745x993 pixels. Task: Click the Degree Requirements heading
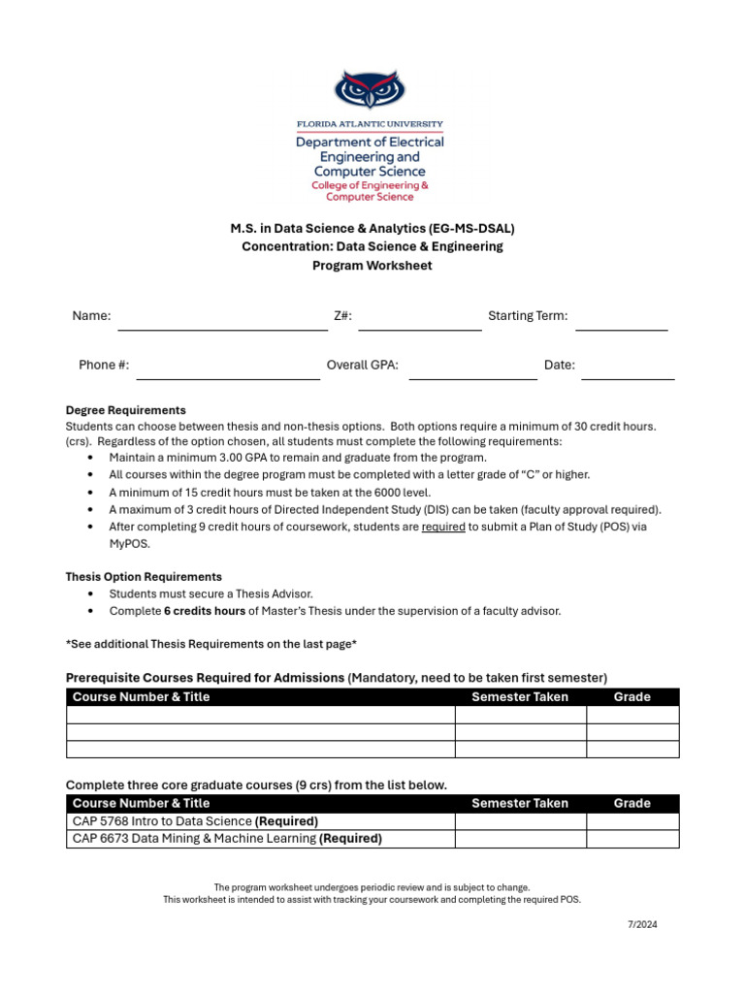[x=125, y=410]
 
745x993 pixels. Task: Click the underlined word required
[x=443, y=527]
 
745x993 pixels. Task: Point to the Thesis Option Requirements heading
[x=144, y=577]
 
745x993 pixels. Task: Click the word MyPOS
[x=129, y=544]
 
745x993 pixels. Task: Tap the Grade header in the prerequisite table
[x=632, y=697]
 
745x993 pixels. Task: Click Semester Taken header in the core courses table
[x=520, y=803]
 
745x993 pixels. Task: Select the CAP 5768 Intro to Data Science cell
[x=260, y=821]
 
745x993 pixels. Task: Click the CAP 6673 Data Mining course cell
[x=260, y=839]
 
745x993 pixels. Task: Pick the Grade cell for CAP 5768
[x=632, y=821]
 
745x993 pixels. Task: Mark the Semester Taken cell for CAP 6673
[x=520, y=839]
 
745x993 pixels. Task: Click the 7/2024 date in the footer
[x=641, y=924]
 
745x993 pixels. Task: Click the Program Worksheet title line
[x=372, y=266]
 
